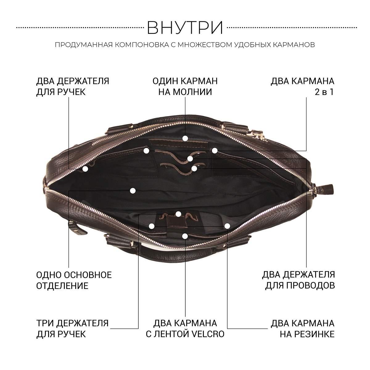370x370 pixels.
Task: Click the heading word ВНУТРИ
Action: pyautogui.click(x=185, y=28)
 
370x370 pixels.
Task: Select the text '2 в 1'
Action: pyautogui.click(x=324, y=92)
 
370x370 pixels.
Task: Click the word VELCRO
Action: pyautogui.click(x=208, y=334)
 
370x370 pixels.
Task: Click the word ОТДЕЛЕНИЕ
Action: pyautogui.click(x=62, y=286)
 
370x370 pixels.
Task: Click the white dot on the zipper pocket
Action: pyautogui.click(x=185, y=138)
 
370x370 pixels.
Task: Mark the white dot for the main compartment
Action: pyautogui.click(x=133, y=191)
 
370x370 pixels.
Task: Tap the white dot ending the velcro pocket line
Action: pyautogui.click(x=185, y=236)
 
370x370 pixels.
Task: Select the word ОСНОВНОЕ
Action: pyautogui.click(x=88, y=275)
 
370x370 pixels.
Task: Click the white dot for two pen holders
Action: pyautogui.click(x=85, y=169)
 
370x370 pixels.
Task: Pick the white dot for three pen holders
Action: pyautogui.click(x=179, y=214)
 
